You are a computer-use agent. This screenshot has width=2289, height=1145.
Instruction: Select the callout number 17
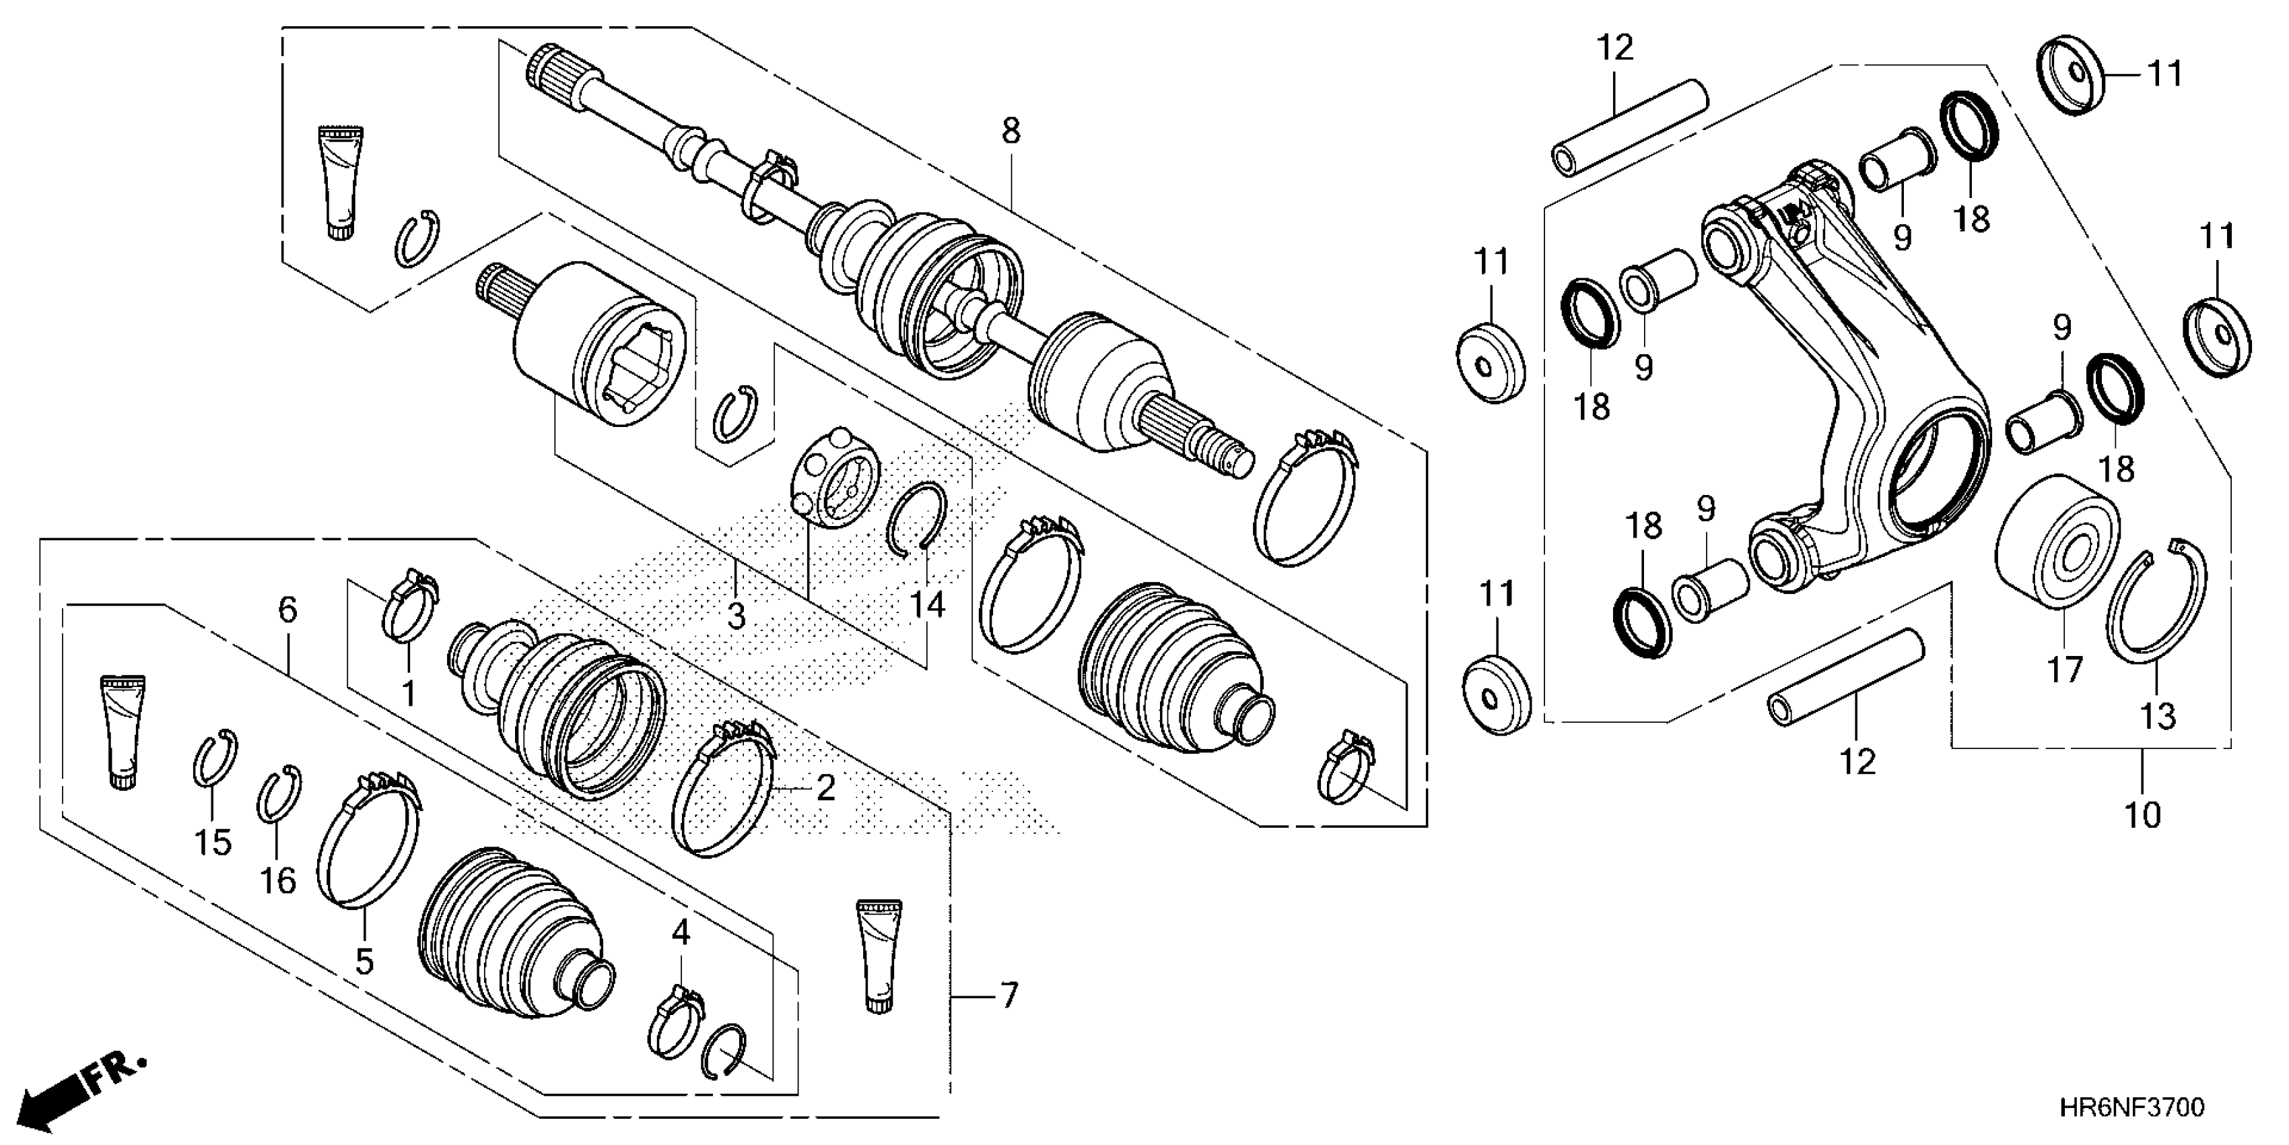[x=2065, y=669]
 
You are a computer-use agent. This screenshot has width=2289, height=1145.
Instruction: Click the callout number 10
[x=2142, y=814]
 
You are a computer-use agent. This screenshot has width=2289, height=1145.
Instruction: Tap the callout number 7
[x=1008, y=995]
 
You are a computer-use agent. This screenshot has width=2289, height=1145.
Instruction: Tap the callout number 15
[x=213, y=842]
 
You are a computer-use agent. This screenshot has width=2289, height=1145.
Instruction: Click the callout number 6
[x=287, y=610]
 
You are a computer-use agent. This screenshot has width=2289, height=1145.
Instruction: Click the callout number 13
[x=2158, y=715]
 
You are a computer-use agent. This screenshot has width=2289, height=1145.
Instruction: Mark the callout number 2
[x=825, y=787]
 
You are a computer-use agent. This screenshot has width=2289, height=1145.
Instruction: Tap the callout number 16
[x=277, y=880]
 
